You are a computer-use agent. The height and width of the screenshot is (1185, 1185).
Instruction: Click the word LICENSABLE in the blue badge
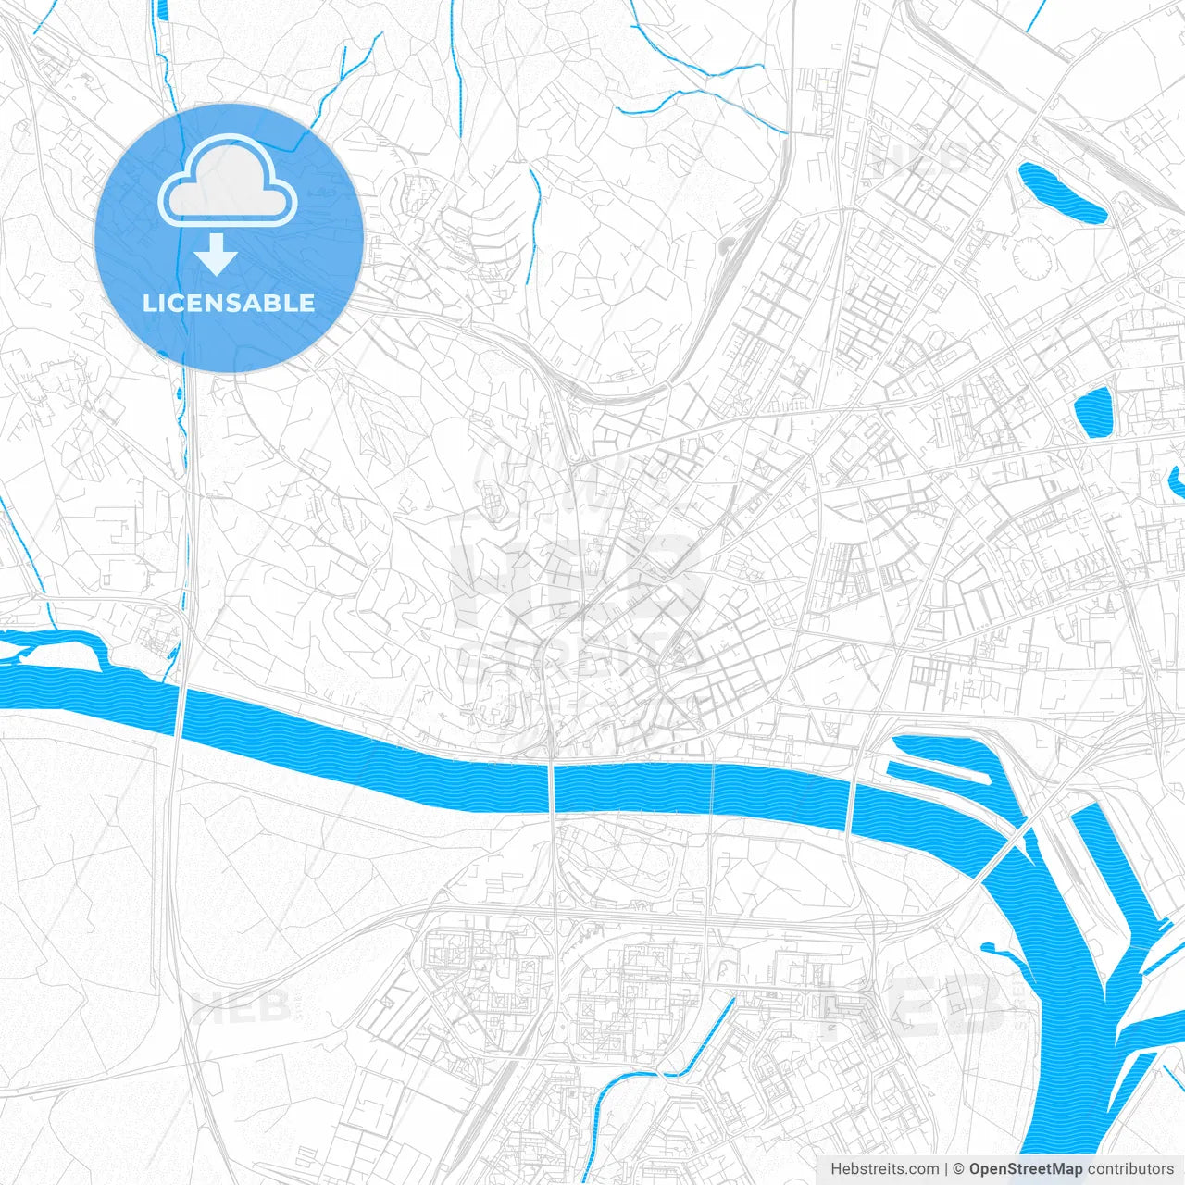[229, 304]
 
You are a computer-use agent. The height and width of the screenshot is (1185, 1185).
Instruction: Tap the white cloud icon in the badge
[228, 182]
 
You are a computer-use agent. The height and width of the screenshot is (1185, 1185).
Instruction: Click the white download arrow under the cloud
[217, 255]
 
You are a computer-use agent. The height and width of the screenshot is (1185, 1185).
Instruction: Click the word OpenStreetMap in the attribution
[1026, 1169]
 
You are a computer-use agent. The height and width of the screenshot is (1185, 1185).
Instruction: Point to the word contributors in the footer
[1130, 1169]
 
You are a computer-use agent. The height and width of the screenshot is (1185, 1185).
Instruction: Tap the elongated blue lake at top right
[1061, 193]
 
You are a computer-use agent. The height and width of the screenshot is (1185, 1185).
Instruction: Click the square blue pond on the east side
[1094, 411]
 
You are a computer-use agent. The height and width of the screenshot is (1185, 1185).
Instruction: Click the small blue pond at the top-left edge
[163, 10]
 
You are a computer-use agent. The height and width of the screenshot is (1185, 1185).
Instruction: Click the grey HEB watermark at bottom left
[243, 1006]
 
